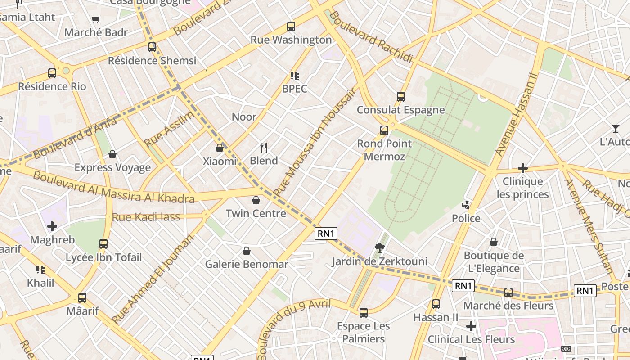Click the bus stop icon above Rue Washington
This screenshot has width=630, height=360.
(291, 27)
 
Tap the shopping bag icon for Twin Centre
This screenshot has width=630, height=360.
(256, 200)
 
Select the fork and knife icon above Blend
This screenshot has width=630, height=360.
(264, 147)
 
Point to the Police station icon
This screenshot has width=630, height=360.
(466, 205)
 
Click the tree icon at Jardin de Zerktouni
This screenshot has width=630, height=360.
(380, 247)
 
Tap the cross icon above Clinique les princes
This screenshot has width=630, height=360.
(522, 168)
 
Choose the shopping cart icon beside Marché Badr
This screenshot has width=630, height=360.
(95, 19)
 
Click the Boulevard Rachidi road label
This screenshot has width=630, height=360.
(371, 37)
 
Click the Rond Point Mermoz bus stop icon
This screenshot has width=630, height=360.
(384, 130)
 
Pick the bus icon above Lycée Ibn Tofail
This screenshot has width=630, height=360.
(103, 244)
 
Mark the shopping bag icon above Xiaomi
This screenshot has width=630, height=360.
(220, 148)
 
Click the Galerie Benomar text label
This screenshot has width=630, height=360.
(246, 264)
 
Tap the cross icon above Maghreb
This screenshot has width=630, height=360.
(52, 226)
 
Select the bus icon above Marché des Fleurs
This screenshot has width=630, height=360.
(508, 292)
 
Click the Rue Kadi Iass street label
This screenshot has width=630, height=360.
(146, 217)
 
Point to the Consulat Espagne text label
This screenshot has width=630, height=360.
(400, 110)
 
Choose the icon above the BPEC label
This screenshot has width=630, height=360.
(294, 75)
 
